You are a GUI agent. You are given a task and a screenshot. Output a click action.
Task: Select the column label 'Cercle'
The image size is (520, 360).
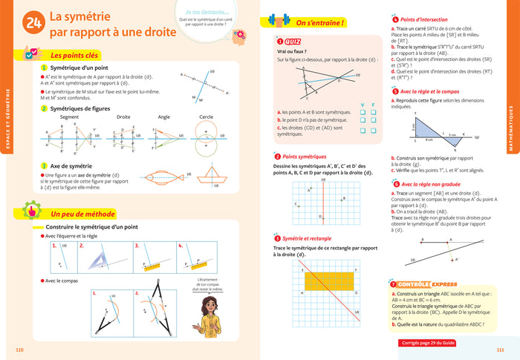click(207, 117)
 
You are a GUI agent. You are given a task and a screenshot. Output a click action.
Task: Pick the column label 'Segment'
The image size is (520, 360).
click(69, 117)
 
